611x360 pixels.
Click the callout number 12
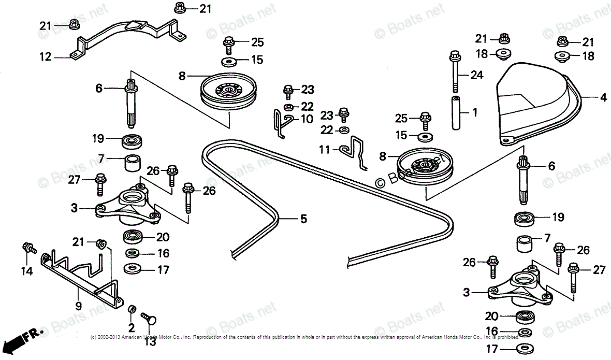pyautogui.click(x=46, y=57)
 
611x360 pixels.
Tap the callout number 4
pyautogui.click(x=603, y=97)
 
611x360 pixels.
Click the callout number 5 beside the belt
pyautogui.click(x=303, y=220)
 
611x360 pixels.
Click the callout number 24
pyautogui.click(x=476, y=76)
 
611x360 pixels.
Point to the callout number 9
pyautogui.click(x=78, y=306)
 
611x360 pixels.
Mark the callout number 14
pyautogui.click(x=26, y=270)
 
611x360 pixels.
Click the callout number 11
pyautogui.click(x=324, y=150)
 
